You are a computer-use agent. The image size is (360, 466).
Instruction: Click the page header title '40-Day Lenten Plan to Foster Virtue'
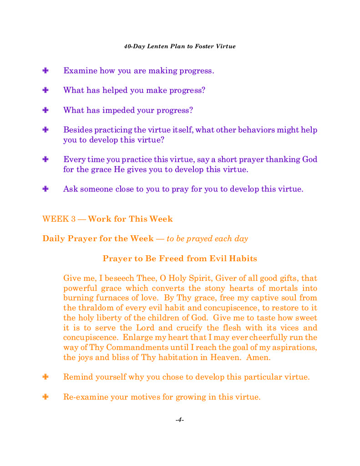coord(180,46)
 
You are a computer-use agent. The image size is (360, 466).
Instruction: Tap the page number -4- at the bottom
coord(180,420)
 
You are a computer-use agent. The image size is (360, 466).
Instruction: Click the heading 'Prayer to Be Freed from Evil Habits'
coord(180,258)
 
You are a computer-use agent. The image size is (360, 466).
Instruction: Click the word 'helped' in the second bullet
coord(115,90)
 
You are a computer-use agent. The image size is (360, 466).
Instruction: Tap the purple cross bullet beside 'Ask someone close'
coord(46,188)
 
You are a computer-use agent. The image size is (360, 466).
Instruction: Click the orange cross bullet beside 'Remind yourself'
coord(46,377)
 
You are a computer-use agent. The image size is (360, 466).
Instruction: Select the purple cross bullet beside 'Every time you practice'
coord(46,159)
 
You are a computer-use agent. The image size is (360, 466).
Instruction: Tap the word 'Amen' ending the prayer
coord(257,358)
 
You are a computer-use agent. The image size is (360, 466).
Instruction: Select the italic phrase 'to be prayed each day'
coord(207,238)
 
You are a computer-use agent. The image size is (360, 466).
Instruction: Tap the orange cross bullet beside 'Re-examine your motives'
coord(46,397)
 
